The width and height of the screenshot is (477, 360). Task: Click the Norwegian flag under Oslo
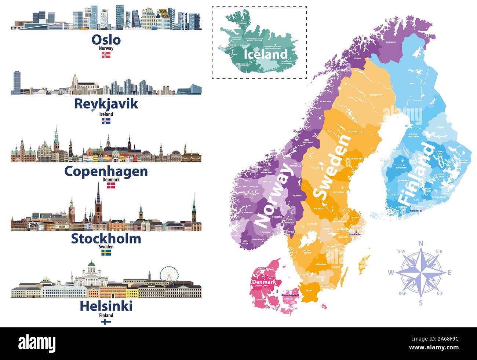pos(106,55)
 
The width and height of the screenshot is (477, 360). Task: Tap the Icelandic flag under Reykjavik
pos(106,121)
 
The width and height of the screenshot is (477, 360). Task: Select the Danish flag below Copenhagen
pos(111,186)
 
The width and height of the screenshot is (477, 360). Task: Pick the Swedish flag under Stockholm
pos(106,253)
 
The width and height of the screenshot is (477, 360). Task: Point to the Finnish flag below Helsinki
pos(106,322)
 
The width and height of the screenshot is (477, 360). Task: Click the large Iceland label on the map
pos(266,54)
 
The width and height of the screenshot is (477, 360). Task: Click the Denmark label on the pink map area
pos(263,282)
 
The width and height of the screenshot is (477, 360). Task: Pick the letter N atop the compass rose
pos(421,243)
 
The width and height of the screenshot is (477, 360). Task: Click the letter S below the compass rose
pos(421,302)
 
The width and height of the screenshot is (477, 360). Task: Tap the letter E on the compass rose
pos(449,272)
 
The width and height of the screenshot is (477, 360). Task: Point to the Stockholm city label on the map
pos(355,235)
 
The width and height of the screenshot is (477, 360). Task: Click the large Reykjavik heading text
pos(106,104)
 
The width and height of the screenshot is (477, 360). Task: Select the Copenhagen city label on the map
pos(289,295)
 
